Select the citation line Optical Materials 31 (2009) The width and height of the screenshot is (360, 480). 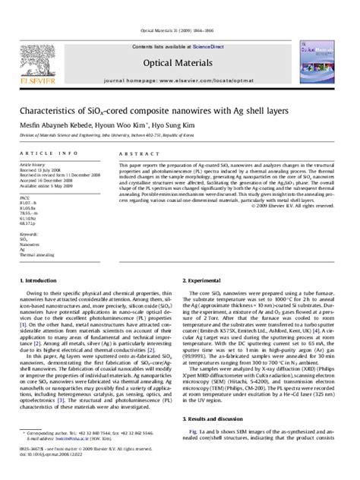click(x=179, y=10)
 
